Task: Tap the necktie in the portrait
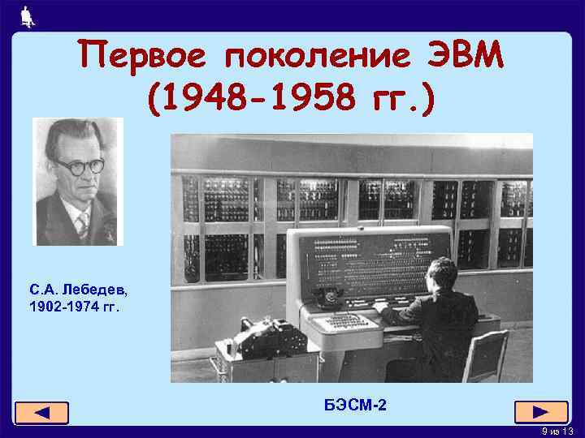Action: pyautogui.click(x=82, y=223)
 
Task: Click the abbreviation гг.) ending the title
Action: pyautogui.click(x=403, y=97)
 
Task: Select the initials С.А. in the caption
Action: pyautogui.click(x=42, y=289)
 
